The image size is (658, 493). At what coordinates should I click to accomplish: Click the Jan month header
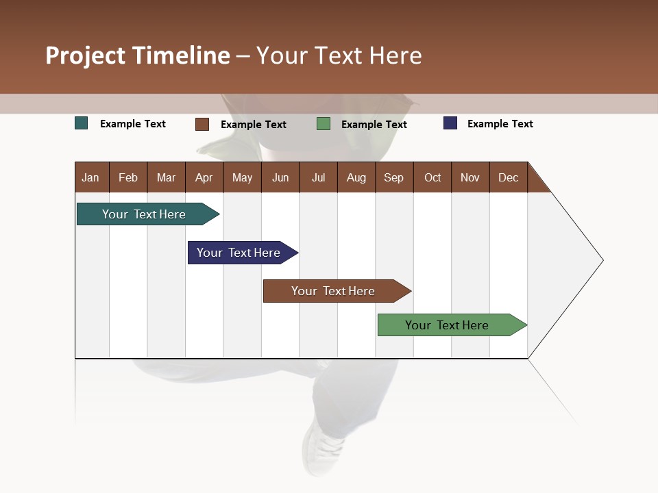point(91,177)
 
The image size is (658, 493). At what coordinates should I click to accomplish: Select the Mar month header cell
point(166,177)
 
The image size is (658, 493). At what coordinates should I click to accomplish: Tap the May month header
point(242,177)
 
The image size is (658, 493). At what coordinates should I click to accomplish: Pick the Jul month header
point(318,177)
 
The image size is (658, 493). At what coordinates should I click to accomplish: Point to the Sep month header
point(393,177)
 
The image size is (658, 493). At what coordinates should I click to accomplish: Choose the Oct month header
point(432,177)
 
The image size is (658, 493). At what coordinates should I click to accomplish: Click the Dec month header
point(508,177)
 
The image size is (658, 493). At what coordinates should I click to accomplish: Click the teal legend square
point(82,123)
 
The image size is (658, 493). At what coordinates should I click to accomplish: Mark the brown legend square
point(202,124)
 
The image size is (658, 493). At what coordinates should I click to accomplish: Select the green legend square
point(324,124)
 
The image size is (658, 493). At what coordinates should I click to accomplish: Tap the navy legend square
point(450,123)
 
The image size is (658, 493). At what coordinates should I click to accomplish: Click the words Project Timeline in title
point(138,55)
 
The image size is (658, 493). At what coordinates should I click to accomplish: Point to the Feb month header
point(128,177)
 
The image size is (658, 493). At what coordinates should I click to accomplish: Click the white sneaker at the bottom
point(322,448)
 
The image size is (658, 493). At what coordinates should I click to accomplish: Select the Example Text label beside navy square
point(500,124)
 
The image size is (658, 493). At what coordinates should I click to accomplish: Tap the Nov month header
point(470,177)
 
